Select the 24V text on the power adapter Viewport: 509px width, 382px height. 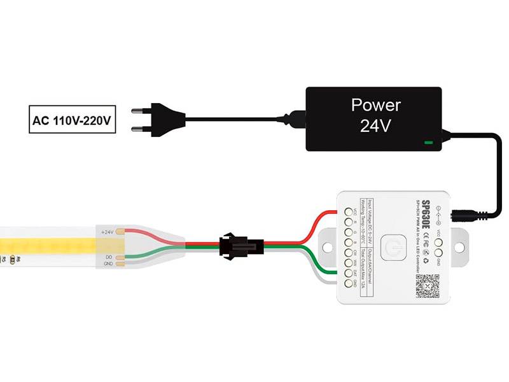[375, 126]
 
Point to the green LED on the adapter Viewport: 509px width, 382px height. [429, 143]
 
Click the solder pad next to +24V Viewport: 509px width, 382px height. [126, 232]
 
